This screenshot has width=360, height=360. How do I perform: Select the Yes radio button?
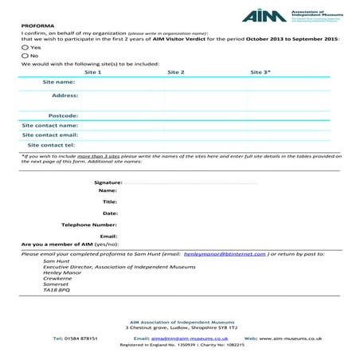25,48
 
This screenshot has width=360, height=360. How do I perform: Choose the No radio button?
25,56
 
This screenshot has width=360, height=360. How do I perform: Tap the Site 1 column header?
93,72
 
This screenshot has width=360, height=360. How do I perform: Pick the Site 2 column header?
176,72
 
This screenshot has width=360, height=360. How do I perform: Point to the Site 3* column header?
260,72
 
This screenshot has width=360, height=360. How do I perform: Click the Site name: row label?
58,82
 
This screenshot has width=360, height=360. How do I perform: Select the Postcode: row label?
61,115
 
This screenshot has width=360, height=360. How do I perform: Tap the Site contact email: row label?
49,135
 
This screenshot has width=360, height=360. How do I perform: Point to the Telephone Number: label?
89,225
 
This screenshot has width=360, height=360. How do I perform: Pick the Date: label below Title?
110,213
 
